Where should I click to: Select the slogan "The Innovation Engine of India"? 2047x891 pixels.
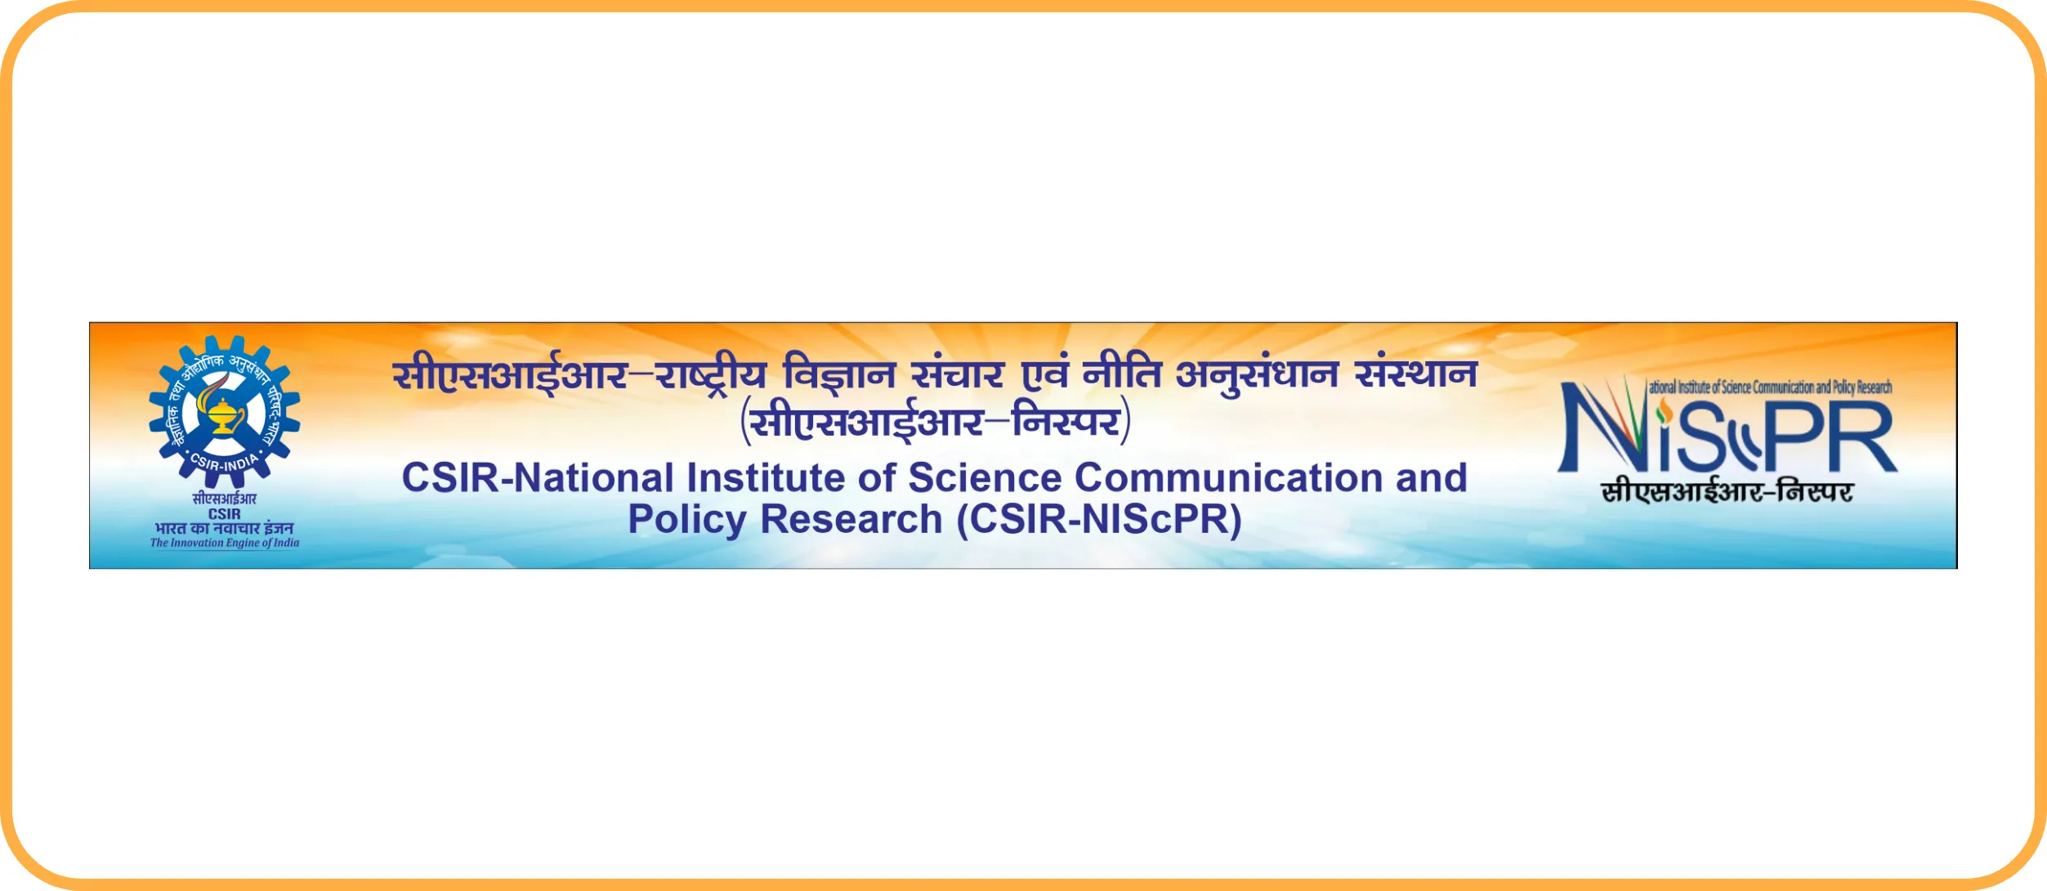click(x=225, y=543)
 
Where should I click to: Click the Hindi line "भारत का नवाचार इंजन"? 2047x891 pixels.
click(x=225, y=528)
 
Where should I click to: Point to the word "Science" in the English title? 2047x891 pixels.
click(x=984, y=477)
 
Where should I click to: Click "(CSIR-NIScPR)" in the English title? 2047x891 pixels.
click(x=1099, y=520)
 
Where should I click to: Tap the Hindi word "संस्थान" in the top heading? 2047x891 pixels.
click(x=1416, y=374)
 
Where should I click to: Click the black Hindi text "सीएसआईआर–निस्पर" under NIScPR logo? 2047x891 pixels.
click(x=1727, y=491)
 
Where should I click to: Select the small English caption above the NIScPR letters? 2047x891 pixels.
click(x=1770, y=387)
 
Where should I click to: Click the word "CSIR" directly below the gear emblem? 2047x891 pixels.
click(x=225, y=514)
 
